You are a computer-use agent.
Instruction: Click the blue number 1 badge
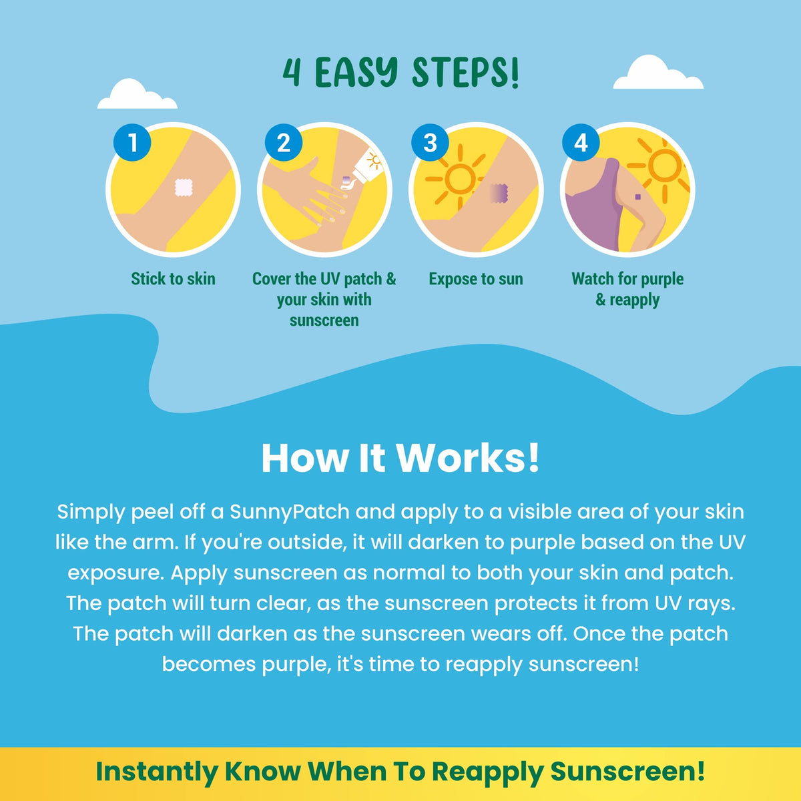[132, 143]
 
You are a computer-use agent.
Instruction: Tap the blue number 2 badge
[284, 143]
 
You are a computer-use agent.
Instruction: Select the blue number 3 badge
[431, 143]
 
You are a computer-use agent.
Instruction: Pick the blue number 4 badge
[581, 143]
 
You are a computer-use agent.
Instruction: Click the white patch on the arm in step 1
[184, 188]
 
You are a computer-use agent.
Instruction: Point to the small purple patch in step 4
[637, 197]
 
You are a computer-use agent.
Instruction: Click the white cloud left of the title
[138, 94]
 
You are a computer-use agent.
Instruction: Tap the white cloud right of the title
[658, 72]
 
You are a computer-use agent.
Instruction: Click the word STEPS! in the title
[465, 73]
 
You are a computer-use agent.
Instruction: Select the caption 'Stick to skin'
[174, 279]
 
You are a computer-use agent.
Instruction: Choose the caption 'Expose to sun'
[476, 279]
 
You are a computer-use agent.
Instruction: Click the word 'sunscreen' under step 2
[324, 320]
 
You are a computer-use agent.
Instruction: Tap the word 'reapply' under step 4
[634, 300]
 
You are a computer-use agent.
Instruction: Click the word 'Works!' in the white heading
[467, 458]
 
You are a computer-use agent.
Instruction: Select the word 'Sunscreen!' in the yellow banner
[627, 772]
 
